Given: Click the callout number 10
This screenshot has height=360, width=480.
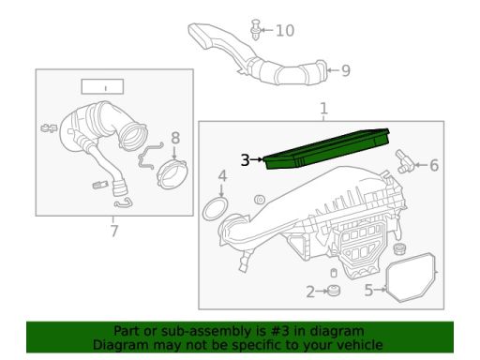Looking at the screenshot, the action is point(285,31).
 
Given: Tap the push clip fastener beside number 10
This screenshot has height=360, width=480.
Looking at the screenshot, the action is point(256,29).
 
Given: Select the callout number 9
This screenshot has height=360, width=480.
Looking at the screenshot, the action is point(345,70).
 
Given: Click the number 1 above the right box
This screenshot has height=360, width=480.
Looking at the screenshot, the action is point(323,108).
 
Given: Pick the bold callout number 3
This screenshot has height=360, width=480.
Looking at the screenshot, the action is point(245,160).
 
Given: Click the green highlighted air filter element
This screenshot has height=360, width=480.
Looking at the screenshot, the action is point(327,149).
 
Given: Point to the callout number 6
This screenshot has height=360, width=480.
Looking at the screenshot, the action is point(434,165).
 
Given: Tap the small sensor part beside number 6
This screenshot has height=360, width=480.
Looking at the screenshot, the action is point(405,161).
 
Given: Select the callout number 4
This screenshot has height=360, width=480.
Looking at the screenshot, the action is point(222,176).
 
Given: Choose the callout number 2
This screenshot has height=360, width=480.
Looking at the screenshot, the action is point(310,292).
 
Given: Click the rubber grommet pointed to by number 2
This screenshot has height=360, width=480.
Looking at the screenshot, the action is point(334,291).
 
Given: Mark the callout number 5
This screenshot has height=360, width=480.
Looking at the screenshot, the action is point(368,290).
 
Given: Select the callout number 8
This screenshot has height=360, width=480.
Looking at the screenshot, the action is point(175,138).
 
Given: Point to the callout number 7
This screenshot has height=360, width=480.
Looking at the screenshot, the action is point(114,232).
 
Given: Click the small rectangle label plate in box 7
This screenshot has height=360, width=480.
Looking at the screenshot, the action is point(102,86).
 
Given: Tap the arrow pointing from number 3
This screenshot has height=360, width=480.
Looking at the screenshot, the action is point(257,159).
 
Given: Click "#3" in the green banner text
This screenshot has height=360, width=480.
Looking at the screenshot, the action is point(280,331).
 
